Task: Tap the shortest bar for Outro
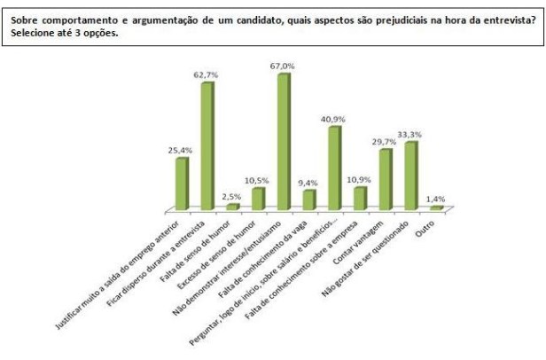pyautogui.click(x=436, y=208)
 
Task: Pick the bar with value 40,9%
pyautogui.click(x=334, y=168)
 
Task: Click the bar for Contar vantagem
pyautogui.click(x=386, y=180)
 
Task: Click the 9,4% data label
pyautogui.click(x=308, y=182)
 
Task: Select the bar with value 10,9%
pyautogui.click(x=360, y=198)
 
